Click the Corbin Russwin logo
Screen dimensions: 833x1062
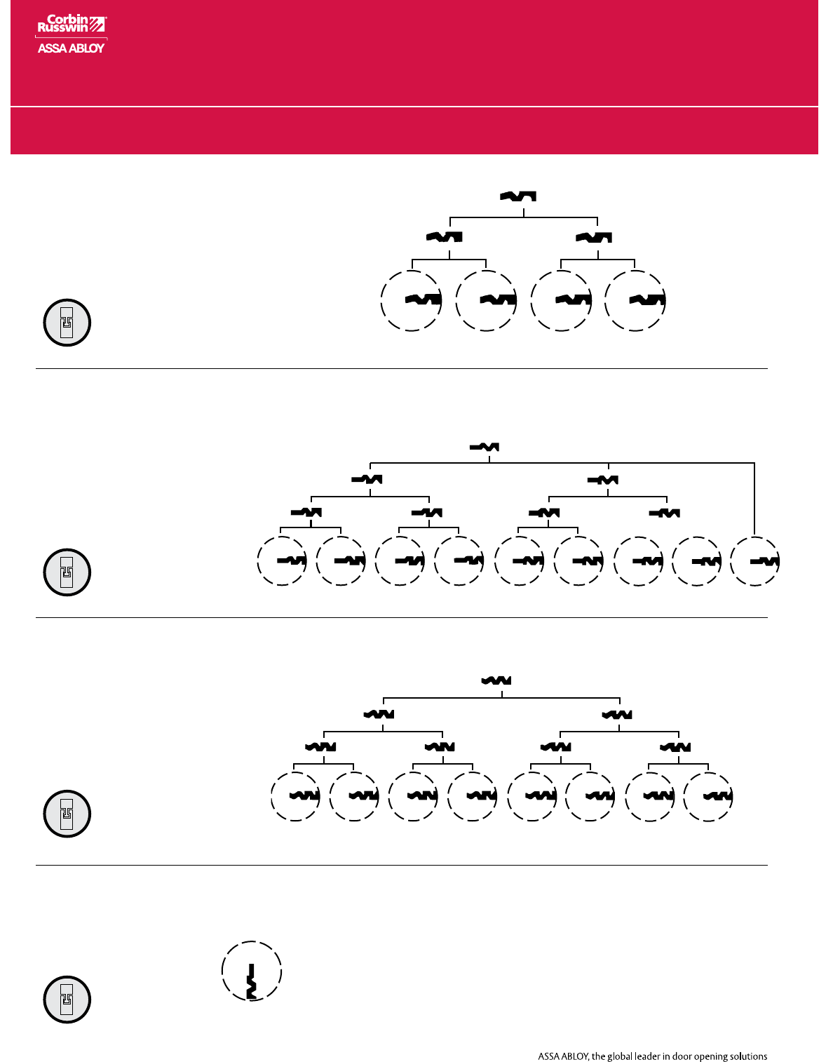(x=71, y=24)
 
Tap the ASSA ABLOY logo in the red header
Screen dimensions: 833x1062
(x=71, y=48)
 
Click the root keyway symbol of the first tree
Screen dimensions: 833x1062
(x=518, y=196)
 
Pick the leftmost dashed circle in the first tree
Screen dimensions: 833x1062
(x=412, y=300)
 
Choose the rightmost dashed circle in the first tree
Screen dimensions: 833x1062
(x=635, y=300)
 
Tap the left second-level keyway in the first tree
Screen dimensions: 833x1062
(x=444, y=237)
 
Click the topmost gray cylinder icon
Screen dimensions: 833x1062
(x=67, y=323)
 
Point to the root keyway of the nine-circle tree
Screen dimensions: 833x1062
(x=484, y=447)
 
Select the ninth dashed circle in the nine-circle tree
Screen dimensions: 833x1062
(x=755, y=560)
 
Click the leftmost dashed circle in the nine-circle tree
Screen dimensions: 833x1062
(x=282, y=560)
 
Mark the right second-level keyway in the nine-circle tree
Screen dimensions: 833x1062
(x=602, y=480)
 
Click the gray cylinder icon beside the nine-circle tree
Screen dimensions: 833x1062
(x=67, y=572)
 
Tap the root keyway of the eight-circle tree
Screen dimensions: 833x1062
(x=496, y=680)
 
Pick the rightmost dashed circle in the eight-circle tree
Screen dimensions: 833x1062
(x=708, y=796)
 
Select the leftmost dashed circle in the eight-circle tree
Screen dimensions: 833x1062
(x=295, y=796)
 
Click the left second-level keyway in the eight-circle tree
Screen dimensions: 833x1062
(x=379, y=715)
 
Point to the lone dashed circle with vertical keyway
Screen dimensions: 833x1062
(x=252, y=972)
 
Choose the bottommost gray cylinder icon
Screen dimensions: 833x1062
(x=67, y=1000)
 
